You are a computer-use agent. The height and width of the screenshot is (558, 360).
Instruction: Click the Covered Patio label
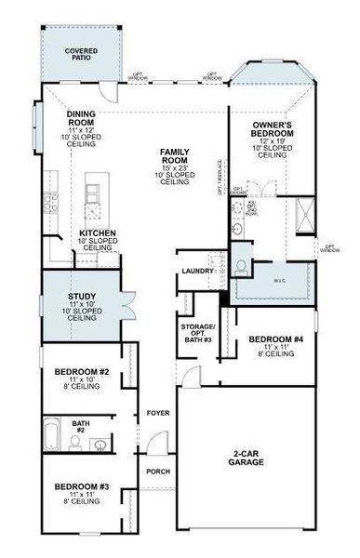coord(81,54)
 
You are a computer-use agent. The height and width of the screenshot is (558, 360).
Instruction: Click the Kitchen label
coord(97,233)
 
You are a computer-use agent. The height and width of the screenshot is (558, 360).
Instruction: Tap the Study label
coord(82,301)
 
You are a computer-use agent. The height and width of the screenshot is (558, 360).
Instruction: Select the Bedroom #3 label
coord(82,487)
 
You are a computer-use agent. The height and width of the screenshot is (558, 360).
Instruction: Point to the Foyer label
coord(157,412)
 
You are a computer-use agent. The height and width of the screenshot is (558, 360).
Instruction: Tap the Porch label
coord(158,471)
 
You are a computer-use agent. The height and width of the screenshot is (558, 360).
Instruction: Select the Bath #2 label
coord(81,426)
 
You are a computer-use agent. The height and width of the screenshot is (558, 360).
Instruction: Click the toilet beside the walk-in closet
coord(242,265)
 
